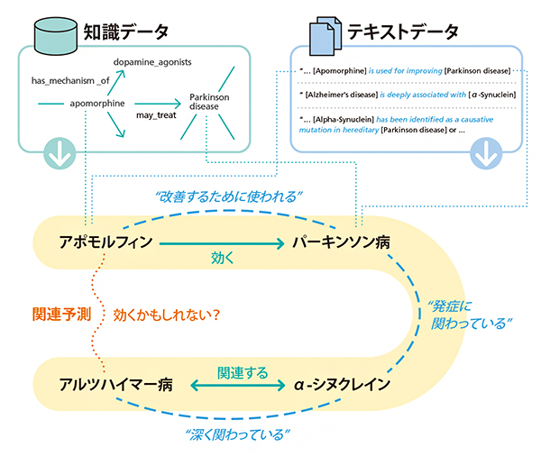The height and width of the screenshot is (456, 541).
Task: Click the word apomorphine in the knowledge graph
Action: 97,104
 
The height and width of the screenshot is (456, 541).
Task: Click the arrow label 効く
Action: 222,258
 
